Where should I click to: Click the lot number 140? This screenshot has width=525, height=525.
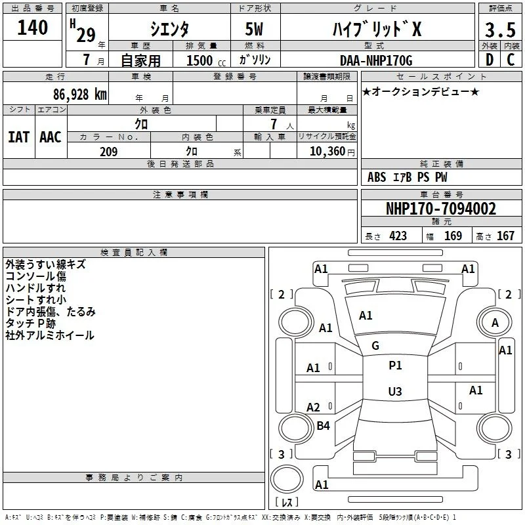(x=32, y=28)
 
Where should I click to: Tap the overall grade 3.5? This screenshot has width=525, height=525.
(x=500, y=30)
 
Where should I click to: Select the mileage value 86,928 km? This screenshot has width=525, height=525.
(x=80, y=94)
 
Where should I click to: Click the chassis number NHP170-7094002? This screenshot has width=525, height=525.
(x=441, y=209)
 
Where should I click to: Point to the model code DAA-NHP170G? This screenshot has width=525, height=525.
(x=376, y=60)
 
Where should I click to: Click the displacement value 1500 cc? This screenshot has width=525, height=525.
(x=206, y=60)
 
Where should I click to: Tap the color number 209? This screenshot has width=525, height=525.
(x=108, y=152)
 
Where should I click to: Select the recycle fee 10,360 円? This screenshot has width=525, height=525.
(x=332, y=152)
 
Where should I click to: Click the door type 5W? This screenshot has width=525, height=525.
(x=254, y=29)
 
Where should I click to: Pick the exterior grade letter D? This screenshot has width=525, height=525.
(x=490, y=60)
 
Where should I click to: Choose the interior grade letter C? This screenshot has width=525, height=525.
(x=511, y=60)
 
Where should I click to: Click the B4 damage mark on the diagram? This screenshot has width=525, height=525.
(x=323, y=425)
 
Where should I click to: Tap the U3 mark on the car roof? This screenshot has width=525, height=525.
(x=395, y=391)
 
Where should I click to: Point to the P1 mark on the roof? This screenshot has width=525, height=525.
(x=395, y=366)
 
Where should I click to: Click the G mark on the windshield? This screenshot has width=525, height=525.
(x=375, y=346)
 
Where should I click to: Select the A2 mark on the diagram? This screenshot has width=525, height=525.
(x=313, y=407)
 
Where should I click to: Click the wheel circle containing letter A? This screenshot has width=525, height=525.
(x=495, y=322)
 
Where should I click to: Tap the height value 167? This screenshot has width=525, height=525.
(x=505, y=236)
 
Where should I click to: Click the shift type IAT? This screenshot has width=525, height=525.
(x=19, y=137)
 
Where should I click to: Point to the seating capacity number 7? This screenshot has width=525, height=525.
(x=274, y=124)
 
